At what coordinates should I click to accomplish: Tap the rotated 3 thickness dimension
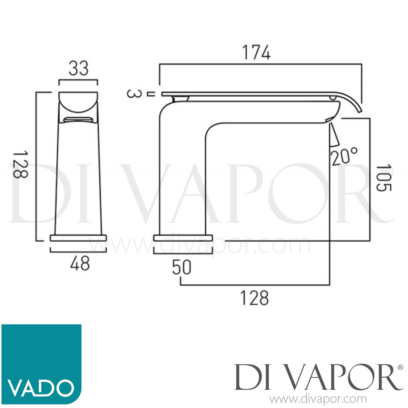[x=134, y=94]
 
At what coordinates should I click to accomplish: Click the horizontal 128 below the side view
[x=254, y=298]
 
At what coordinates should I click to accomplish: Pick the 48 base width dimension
[x=79, y=264]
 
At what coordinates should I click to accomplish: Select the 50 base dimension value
[x=181, y=267]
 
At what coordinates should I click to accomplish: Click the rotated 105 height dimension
[x=384, y=177]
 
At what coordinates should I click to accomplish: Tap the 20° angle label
[x=344, y=156]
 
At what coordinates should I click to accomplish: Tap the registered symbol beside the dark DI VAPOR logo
[x=400, y=367]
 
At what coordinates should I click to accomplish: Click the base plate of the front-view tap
[x=78, y=238]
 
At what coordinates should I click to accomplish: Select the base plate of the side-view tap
[x=183, y=238]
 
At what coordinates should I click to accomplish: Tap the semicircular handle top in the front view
[x=78, y=102]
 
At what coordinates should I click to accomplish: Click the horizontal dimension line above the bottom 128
[x=255, y=285]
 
